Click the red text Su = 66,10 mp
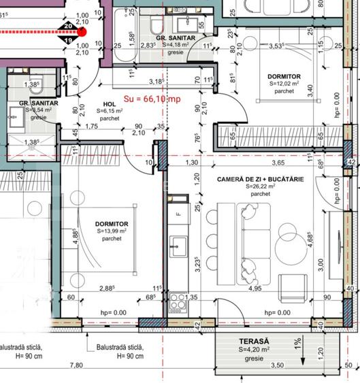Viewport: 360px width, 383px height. [x=152, y=99]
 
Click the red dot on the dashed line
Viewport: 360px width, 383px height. [x=82, y=31]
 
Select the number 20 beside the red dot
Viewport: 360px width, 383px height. [x=67, y=26]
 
